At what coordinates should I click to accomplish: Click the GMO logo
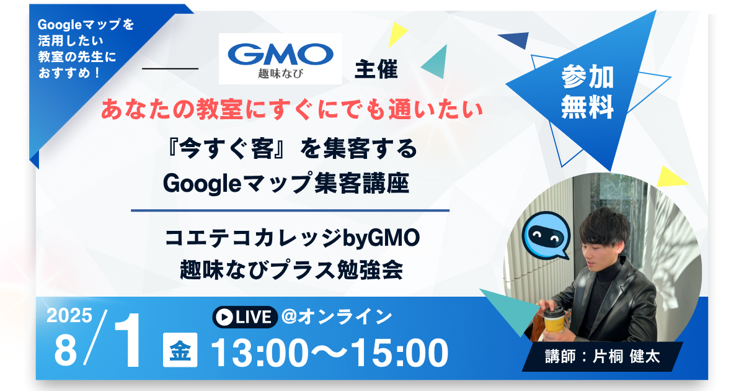(x=280, y=58)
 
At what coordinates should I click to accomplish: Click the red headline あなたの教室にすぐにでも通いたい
(x=291, y=110)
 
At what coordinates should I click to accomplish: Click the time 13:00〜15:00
(x=329, y=353)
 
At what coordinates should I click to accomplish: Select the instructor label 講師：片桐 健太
(x=601, y=357)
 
